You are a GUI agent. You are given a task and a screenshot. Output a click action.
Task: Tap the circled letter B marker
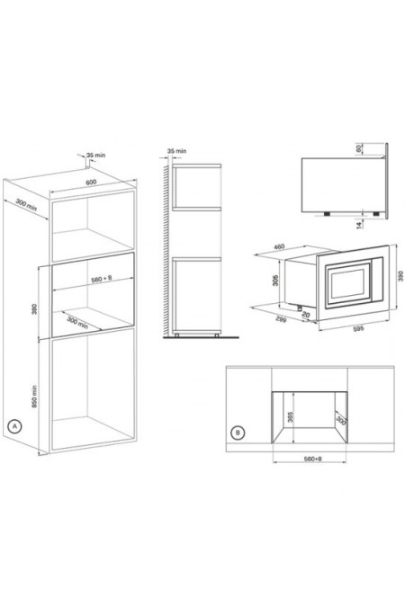tap(237, 433)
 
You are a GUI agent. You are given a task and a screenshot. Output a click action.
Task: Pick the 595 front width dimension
tap(333, 327)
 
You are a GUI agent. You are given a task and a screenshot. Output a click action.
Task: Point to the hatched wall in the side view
tap(165, 252)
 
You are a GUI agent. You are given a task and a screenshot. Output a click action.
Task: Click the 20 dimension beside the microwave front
tap(307, 314)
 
